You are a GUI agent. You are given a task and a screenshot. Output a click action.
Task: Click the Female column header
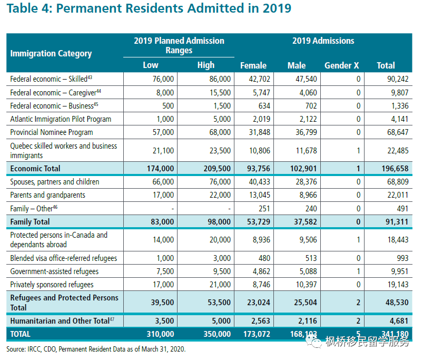(253, 65)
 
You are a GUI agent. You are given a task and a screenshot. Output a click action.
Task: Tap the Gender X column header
(341, 65)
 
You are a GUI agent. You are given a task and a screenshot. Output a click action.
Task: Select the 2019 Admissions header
(323, 41)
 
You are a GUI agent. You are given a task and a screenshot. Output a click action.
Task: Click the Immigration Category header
(51, 53)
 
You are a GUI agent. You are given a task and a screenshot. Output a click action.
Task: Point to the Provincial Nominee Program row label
(52, 132)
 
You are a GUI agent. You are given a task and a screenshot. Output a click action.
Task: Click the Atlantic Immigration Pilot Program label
(61, 119)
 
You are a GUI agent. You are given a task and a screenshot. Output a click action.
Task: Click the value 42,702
(259, 79)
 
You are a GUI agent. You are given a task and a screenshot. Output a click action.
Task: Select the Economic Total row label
(35, 169)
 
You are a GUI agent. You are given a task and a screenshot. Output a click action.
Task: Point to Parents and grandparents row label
(47, 195)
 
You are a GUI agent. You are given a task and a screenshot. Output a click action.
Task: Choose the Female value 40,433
(259, 182)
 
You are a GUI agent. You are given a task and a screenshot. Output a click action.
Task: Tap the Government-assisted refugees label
(55, 271)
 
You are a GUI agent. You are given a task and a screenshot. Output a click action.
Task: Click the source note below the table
(96, 349)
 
